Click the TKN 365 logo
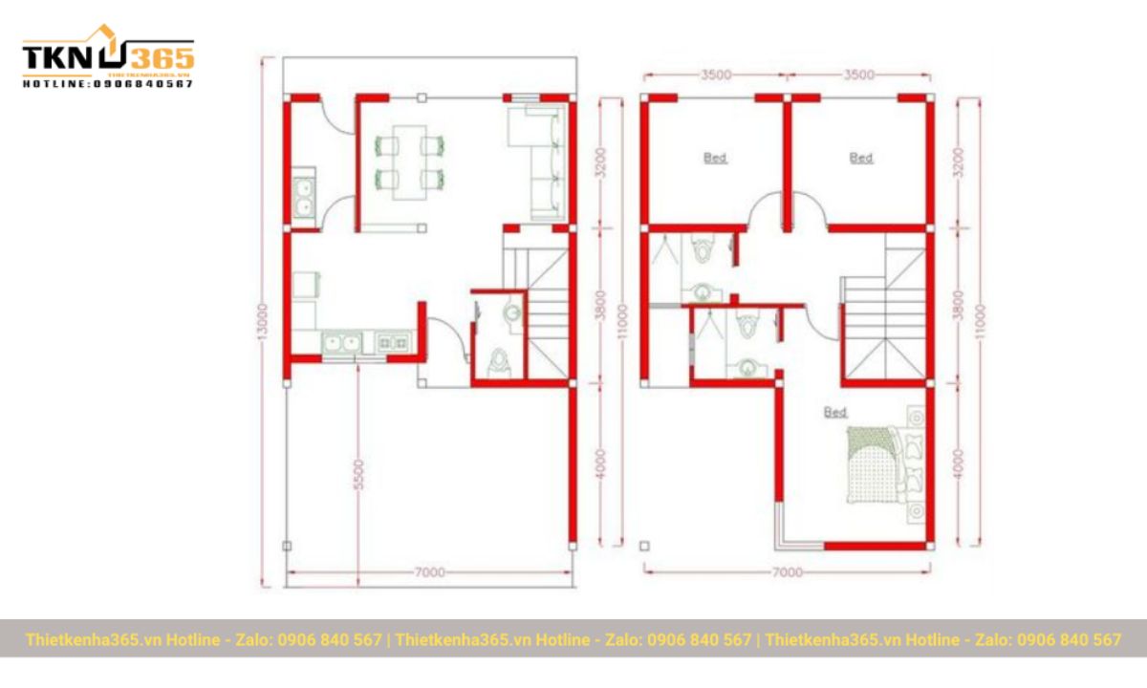[x=107, y=57]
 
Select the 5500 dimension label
[x=357, y=476]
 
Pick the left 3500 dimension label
[x=715, y=75]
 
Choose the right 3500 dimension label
[x=858, y=75]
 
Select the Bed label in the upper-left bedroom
[x=715, y=158]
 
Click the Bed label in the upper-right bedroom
[x=861, y=158]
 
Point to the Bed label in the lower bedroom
[x=835, y=412]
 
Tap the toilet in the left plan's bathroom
[x=499, y=361]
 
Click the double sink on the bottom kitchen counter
[x=341, y=342]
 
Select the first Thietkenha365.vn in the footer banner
[x=95, y=639]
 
